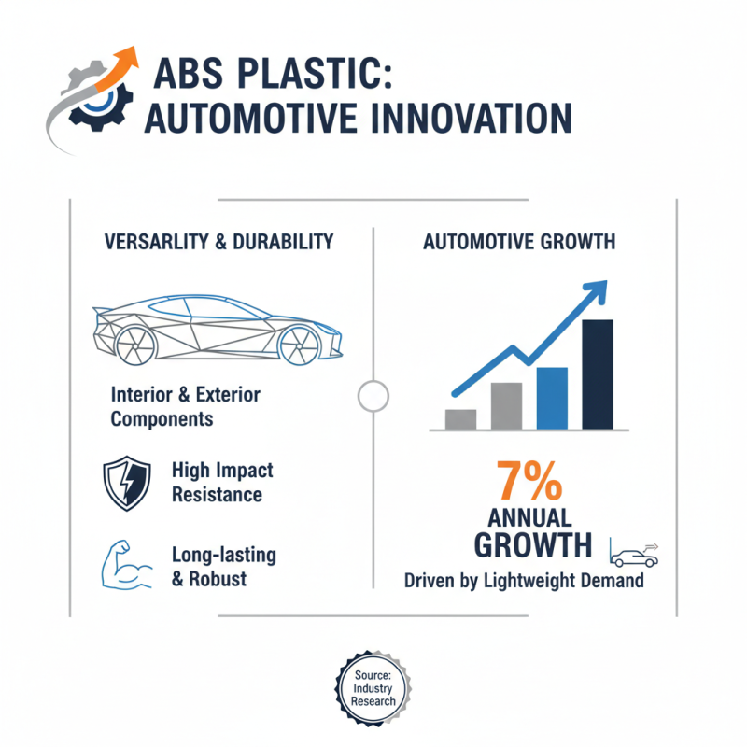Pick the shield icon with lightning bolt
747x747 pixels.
coord(127,483)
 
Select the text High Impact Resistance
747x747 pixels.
coord(222,482)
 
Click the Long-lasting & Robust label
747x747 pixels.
coord(223,566)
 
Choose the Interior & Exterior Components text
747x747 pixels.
coord(185,406)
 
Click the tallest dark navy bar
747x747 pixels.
coord(598,373)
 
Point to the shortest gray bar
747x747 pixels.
coord(461,418)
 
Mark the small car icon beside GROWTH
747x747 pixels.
coord(635,557)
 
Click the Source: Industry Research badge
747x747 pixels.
coord(373,688)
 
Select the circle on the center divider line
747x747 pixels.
coord(373,395)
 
